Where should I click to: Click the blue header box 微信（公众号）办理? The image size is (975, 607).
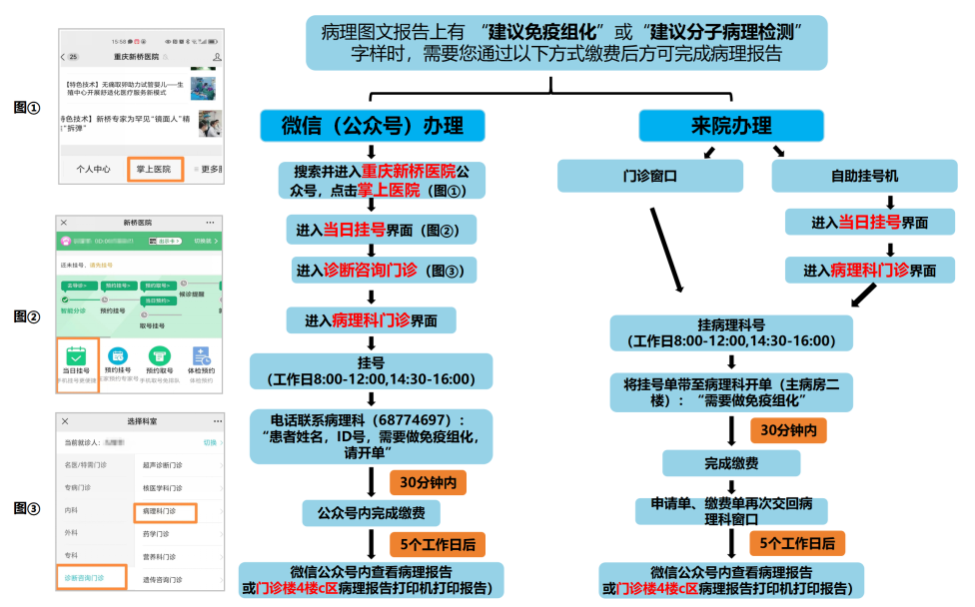(x=372, y=126)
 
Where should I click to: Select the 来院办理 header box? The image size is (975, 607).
(x=731, y=126)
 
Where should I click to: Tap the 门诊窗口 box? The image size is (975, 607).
(x=650, y=176)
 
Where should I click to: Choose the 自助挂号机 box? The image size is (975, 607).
(x=864, y=176)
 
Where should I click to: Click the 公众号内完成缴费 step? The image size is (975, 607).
(x=372, y=513)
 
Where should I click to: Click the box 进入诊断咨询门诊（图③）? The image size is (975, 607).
(x=372, y=271)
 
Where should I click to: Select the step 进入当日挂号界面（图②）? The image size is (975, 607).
(x=372, y=230)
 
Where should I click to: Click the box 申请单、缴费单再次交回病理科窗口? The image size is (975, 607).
(x=732, y=510)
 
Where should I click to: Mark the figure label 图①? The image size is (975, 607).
(x=27, y=106)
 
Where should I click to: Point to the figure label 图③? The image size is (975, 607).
(x=27, y=508)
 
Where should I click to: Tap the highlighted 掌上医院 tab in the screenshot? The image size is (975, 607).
(x=154, y=169)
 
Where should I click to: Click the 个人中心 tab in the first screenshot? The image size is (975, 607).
(x=93, y=169)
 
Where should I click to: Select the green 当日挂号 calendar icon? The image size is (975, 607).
(x=76, y=355)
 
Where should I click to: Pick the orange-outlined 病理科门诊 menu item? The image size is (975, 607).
(x=165, y=512)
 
